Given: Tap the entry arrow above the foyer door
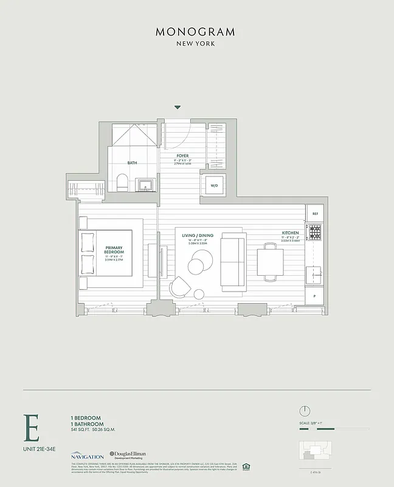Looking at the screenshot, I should [x=178, y=107].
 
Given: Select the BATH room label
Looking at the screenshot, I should [x=132, y=163].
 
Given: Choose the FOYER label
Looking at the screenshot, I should [x=182, y=155].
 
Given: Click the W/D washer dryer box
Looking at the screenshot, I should [x=214, y=184].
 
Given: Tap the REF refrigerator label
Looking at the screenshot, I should [x=315, y=214].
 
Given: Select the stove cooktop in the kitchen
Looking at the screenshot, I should [x=314, y=233].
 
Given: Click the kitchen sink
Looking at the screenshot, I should [x=315, y=275].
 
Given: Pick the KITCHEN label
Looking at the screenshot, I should [x=290, y=233].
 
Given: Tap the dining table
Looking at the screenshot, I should [x=269, y=262].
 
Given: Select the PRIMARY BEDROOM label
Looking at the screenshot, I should [x=114, y=250].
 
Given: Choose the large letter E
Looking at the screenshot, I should [x=32, y=428].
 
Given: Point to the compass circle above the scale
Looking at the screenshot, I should [x=306, y=411].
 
